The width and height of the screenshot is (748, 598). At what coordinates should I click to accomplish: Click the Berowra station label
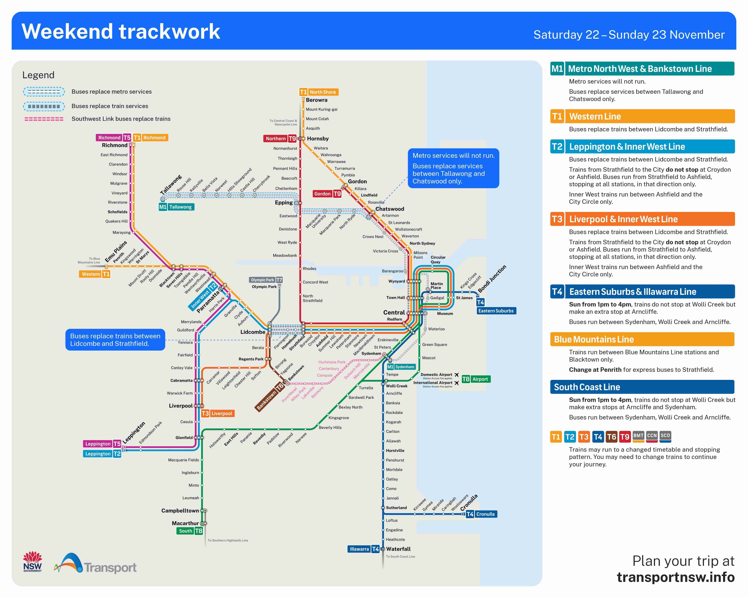(316, 100)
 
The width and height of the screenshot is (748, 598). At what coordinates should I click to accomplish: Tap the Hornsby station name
(318, 139)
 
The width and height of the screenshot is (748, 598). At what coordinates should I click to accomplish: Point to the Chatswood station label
(390, 209)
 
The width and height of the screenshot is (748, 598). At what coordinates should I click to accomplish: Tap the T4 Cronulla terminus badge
(481, 514)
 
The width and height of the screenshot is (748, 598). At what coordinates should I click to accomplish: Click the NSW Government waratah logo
(33, 562)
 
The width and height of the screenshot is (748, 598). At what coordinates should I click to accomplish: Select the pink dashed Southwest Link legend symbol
(44, 119)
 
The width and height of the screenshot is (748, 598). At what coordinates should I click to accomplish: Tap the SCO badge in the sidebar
(665, 436)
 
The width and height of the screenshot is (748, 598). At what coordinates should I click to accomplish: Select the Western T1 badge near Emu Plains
(95, 274)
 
